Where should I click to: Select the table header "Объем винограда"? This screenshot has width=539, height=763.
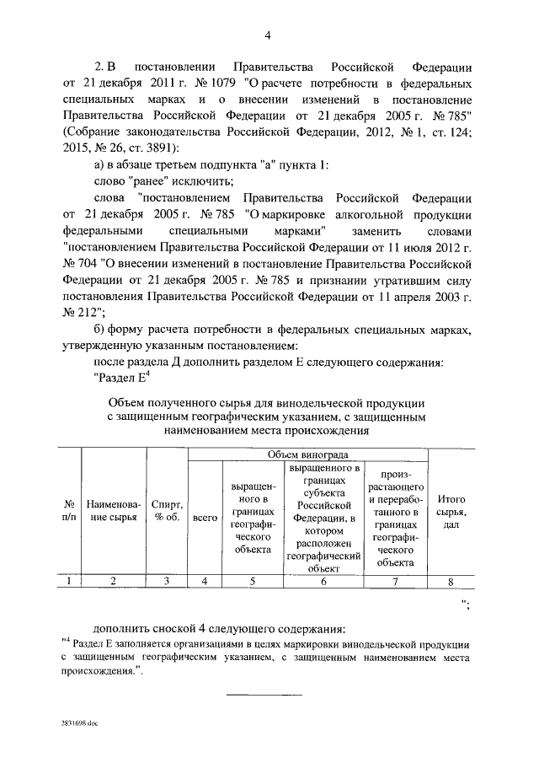(307, 454)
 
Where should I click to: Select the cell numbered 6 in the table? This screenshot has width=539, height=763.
(324, 580)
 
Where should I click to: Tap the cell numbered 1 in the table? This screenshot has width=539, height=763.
(68, 580)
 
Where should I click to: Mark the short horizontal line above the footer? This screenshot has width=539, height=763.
(253, 694)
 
